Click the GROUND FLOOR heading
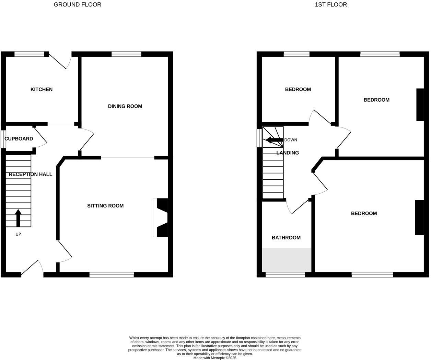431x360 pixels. click(77, 4)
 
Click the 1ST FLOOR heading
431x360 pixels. click(331, 4)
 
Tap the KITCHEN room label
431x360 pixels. click(42, 89)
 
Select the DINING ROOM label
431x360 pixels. click(125, 106)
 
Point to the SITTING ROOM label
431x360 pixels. click(105, 206)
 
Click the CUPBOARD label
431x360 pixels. click(19, 139)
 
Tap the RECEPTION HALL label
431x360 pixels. click(31, 174)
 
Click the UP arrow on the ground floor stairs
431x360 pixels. click(18, 218)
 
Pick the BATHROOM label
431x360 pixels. click(286, 238)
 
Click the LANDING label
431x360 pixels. click(288, 153)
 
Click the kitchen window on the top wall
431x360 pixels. click(30, 54)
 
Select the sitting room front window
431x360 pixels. click(112, 274)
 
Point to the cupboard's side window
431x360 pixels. click(3, 139)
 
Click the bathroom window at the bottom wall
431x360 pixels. click(285, 274)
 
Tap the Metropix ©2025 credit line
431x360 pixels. click(215, 358)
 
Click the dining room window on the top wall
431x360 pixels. click(126, 54)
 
